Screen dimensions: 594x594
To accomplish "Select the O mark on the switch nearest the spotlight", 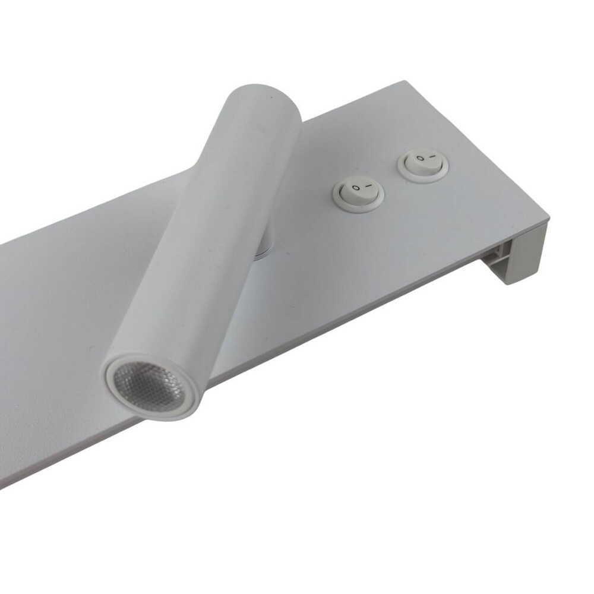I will coord(355,189).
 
